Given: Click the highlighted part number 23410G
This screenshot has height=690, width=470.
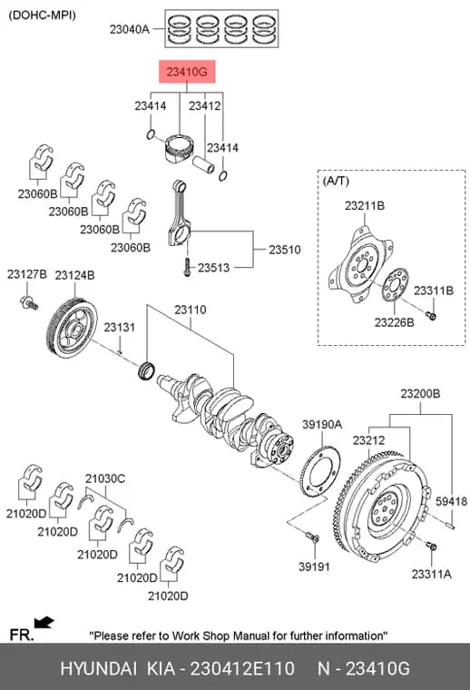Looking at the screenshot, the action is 187,72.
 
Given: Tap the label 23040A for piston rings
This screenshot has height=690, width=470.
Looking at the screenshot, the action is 129,29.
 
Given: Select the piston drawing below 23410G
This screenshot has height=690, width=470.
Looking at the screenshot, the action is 179,147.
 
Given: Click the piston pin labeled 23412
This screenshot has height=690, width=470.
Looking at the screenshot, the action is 203,164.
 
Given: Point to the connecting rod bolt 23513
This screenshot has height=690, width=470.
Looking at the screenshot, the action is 187,266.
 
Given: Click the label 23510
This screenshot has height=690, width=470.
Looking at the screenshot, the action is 285,250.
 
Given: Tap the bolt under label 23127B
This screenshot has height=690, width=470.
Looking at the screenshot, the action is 29,302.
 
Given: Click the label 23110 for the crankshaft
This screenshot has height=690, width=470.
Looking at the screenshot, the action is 191,310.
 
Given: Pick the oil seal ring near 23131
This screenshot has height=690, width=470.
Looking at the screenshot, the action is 145,370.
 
